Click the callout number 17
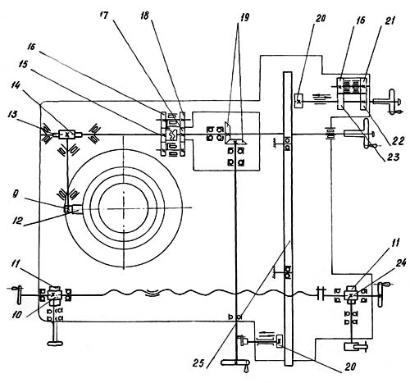click(105, 16)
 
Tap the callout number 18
click(144, 16)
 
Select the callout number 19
click(244, 17)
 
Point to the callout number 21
click(390, 21)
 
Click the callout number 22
click(398, 141)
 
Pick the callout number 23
click(394, 157)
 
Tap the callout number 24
click(400, 262)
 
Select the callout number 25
click(203, 363)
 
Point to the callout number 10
click(16, 315)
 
